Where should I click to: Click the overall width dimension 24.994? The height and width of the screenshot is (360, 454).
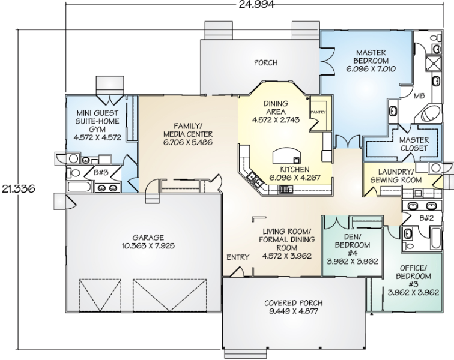(x=256, y=4)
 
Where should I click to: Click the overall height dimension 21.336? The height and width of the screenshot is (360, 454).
(x=19, y=188)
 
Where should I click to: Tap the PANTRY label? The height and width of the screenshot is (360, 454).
(x=318, y=112)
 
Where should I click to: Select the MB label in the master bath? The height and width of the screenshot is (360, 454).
(x=419, y=96)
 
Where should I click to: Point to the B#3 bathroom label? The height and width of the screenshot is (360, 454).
(x=101, y=173)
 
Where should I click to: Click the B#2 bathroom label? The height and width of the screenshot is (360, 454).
(x=426, y=218)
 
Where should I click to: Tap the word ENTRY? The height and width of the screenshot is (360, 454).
(x=238, y=257)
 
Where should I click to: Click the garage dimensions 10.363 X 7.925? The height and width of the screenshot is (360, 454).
(x=148, y=246)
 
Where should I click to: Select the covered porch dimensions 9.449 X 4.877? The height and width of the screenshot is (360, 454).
(x=293, y=311)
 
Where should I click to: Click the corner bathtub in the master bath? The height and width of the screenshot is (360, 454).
(x=431, y=113)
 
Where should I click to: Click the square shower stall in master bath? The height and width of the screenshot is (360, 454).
(x=434, y=64)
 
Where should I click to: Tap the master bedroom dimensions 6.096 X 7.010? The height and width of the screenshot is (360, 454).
(x=371, y=69)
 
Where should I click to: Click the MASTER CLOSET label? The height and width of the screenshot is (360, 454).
(x=414, y=144)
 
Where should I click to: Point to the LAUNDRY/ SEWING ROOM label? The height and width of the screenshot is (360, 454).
(x=396, y=176)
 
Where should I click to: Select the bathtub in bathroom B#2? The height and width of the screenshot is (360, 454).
(x=436, y=238)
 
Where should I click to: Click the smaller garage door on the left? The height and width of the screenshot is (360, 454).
(x=100, y=295)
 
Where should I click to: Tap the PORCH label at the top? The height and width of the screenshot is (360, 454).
(x=265, y=62)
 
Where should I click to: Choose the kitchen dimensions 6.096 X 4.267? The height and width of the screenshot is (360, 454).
(x=295, y=177)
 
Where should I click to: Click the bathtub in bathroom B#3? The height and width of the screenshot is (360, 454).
(x=80, y=187)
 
